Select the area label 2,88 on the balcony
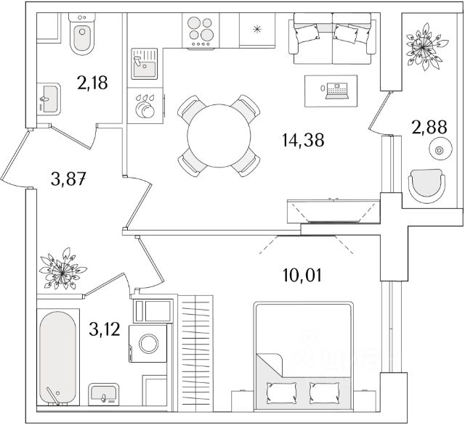click(x=427, y=128)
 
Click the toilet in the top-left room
click(x=81, y=36)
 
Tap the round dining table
click(x=219, y=136)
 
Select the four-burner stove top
click(x=201, y=32)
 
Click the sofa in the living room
click(x=336, y=43)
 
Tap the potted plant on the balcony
click(x=421, y=48)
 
